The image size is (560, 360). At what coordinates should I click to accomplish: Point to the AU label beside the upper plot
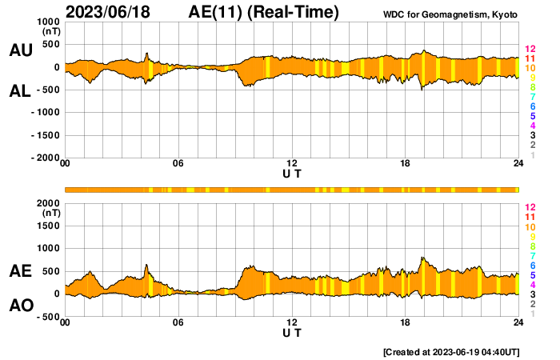point(20,50)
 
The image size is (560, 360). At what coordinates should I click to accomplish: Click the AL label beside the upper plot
point(20,91)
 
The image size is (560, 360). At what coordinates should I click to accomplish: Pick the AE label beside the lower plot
point(20,272)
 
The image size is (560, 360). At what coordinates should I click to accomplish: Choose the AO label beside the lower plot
point(20,306)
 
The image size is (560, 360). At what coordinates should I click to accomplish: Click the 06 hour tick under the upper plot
point(178,164)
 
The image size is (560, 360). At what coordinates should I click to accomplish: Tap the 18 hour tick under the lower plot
point(406,322)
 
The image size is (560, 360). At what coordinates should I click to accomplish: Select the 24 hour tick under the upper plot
point(518,164)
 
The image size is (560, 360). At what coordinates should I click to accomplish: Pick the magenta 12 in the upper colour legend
point(530,50)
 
